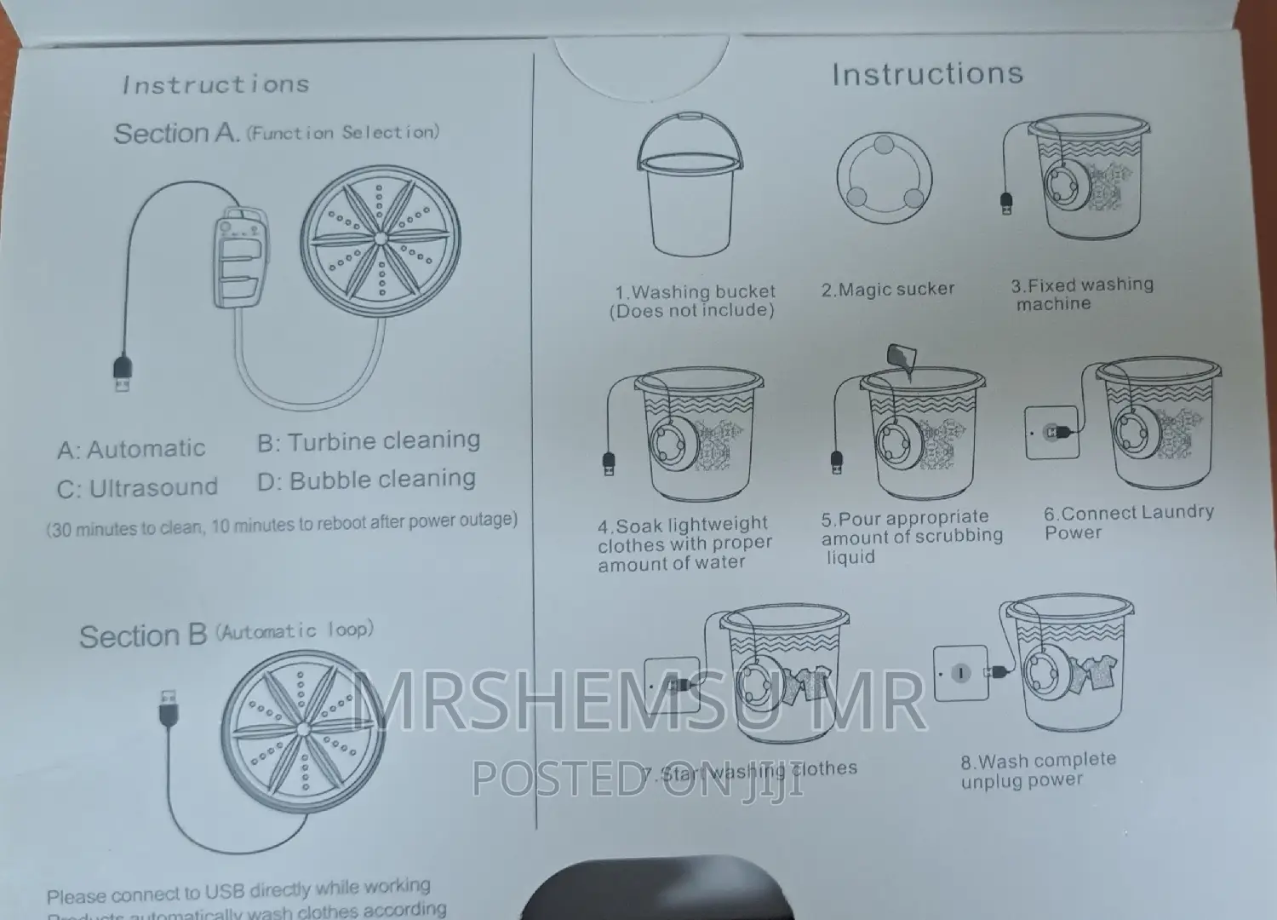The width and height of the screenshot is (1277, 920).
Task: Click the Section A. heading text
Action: point(177,134)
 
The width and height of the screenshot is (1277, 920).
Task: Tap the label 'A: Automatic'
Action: point(131,449)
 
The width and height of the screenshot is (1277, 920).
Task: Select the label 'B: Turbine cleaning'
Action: point(369,441)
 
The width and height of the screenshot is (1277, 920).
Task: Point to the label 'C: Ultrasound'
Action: point(137,488)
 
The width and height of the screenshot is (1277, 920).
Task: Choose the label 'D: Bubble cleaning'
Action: point(366,480)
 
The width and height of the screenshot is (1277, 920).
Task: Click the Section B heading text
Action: point(143,636)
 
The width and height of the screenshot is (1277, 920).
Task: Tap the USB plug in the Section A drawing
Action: point(122,376)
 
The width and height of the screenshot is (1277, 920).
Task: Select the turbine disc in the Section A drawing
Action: point(381,240)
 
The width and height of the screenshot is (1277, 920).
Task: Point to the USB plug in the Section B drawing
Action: point(168,708)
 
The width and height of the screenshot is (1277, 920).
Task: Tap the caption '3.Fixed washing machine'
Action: point(1081,294)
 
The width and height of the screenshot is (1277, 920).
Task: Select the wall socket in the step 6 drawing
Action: point(1051,433)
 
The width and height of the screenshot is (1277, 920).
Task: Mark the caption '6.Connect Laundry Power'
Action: point(1128,522)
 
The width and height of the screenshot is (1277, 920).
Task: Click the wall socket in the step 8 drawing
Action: point(960,673)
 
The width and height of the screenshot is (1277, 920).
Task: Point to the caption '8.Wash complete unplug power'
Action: point(1038,769)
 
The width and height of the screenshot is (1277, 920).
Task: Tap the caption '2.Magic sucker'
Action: point(887,290)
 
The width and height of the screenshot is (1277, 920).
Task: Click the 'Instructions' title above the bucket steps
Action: point(927,74)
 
